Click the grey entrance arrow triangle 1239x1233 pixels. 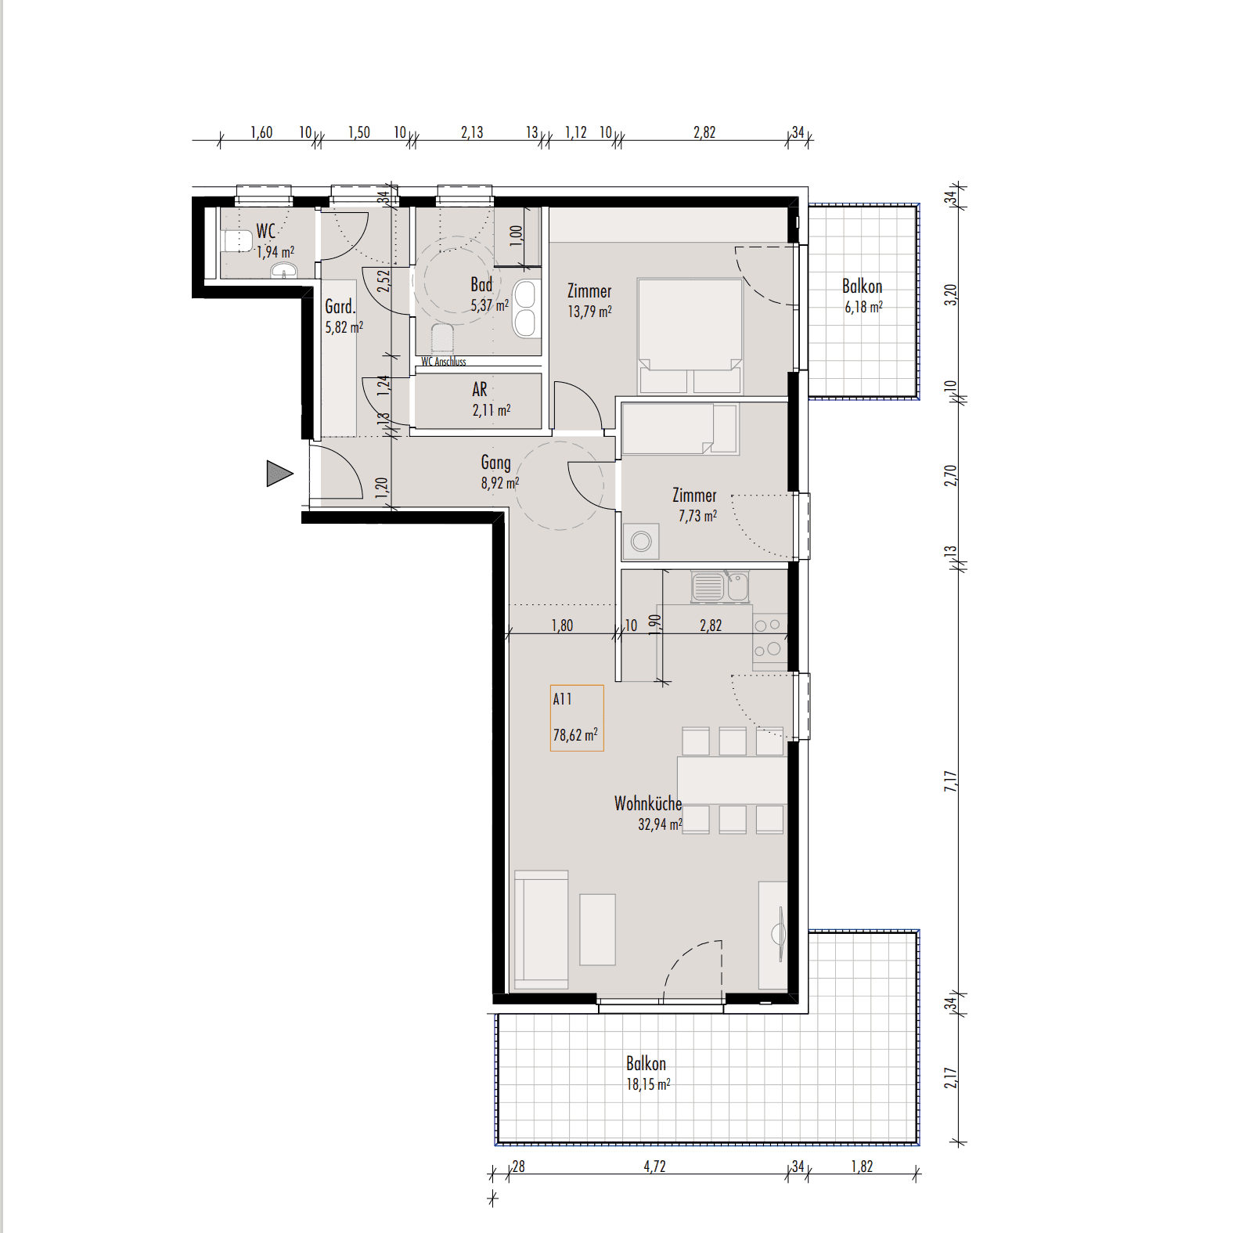pyautogui.click(x=278, y=474)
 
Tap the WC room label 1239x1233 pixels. pyautogui.click(x=266, y=232)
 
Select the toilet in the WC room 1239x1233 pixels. pyautogui.click(x=236, y=240)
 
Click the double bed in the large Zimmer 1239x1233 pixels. pyautogui.click(x=690, y=335)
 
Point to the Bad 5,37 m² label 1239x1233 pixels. pyautogui.click(x=489, y=294)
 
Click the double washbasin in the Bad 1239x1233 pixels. pyautogui.click(x=526, y=309)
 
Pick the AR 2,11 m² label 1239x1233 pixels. pyautogui.click(x=491, y=399)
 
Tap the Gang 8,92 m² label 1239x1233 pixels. pyautogui.click(x=499, y=472)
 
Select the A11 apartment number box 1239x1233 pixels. pyautogui.click(x=577, y=718)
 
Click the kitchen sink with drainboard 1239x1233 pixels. pyautogui.click(x=720, y=586)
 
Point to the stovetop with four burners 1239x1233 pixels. pyautogui.click(x=769, y=637)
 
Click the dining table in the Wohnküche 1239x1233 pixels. pyautogui.click(x=732, y=780)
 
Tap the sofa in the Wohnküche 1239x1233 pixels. pyautogui.click(x=541, y=929)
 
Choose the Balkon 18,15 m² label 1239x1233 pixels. pyautogui.click(x=647, y=1073)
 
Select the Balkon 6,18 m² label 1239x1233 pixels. pyautogui.click(x=863, y=296)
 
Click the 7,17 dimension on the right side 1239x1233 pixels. pyautogui.click(x=950, y=781)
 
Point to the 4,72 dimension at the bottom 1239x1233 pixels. pyautogui.click(x=654, y=1166)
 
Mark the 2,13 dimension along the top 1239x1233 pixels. pyautogui.click(x=472, y=132)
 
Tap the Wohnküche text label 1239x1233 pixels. pyautogui.click(x=648, y=803)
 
